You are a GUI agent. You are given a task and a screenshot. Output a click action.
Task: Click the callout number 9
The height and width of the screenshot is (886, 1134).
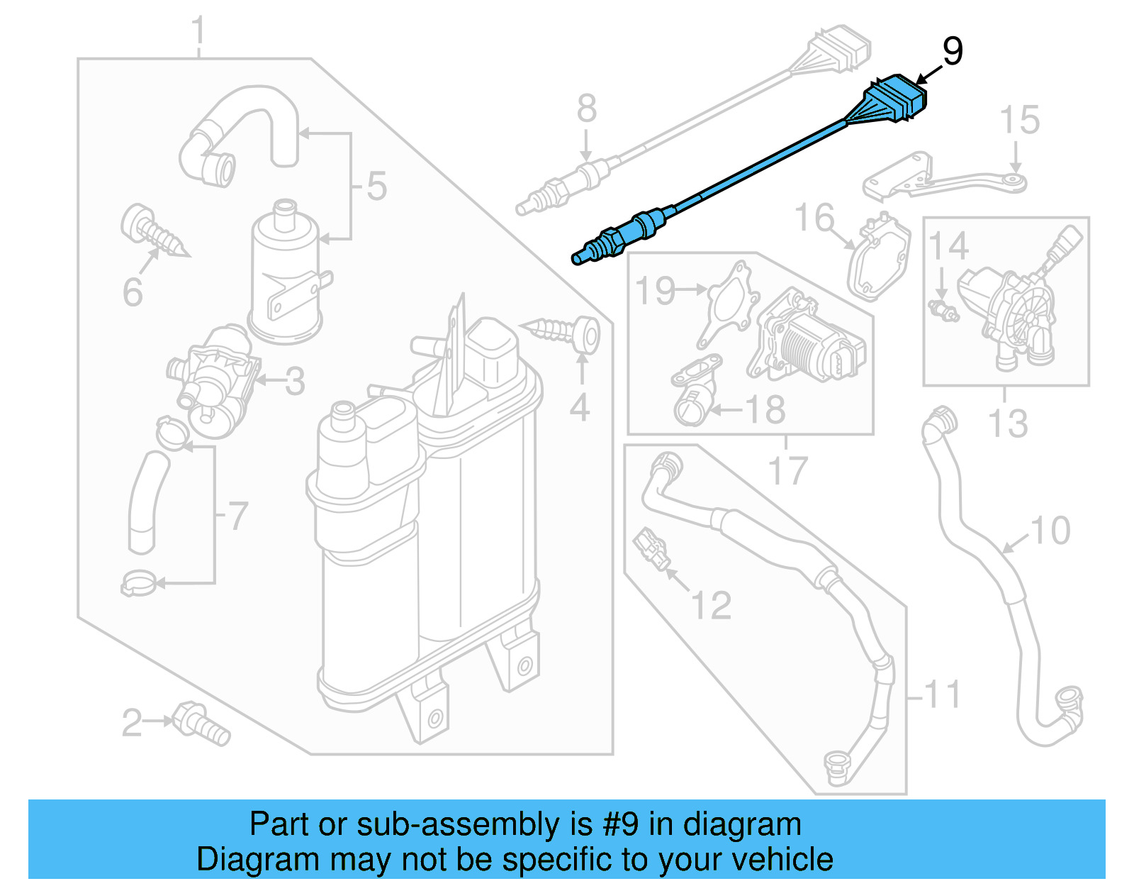953,52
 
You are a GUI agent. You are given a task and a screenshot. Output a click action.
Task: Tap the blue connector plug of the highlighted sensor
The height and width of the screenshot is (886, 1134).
897,99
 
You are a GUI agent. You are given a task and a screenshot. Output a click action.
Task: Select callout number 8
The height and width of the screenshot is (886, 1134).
586,110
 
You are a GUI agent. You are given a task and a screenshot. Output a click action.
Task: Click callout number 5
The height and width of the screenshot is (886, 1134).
376,187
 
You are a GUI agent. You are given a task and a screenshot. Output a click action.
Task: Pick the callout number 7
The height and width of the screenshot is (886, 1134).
238,516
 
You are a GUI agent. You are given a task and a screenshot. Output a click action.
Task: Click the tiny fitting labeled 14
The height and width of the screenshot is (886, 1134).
942,309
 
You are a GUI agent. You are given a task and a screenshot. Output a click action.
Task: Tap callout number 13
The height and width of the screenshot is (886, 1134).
1007,423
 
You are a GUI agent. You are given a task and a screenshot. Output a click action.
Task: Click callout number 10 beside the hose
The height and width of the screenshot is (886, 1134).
1050,531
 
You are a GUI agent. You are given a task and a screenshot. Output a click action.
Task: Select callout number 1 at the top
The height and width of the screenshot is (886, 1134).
198,32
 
